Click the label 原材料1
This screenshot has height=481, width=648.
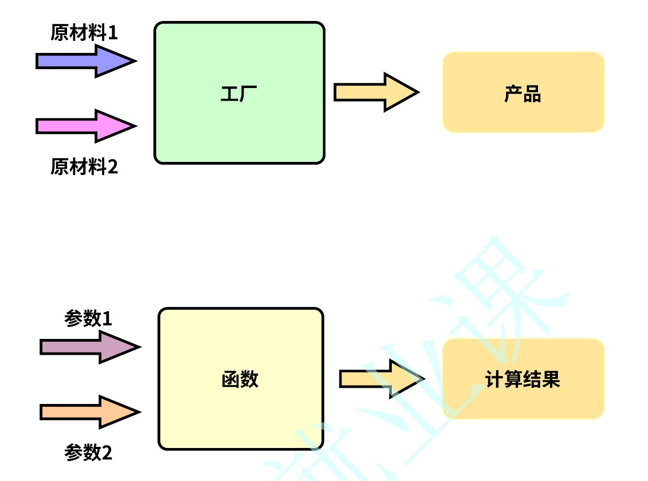click(x=84, y=33)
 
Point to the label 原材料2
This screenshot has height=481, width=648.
click(x=84, y=167)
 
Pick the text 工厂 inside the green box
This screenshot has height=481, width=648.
click(x=239, y=94)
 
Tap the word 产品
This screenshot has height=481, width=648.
click(x=523, y=94)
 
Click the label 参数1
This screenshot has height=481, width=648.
click(x=88, y=319)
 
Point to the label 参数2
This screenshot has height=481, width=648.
click(x=88, y=452)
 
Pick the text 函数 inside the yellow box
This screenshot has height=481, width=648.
click(x=240, y=379)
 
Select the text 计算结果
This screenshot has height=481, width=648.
click(x=523, y=379)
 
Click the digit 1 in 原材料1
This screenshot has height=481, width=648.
click(x=113, y=33)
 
